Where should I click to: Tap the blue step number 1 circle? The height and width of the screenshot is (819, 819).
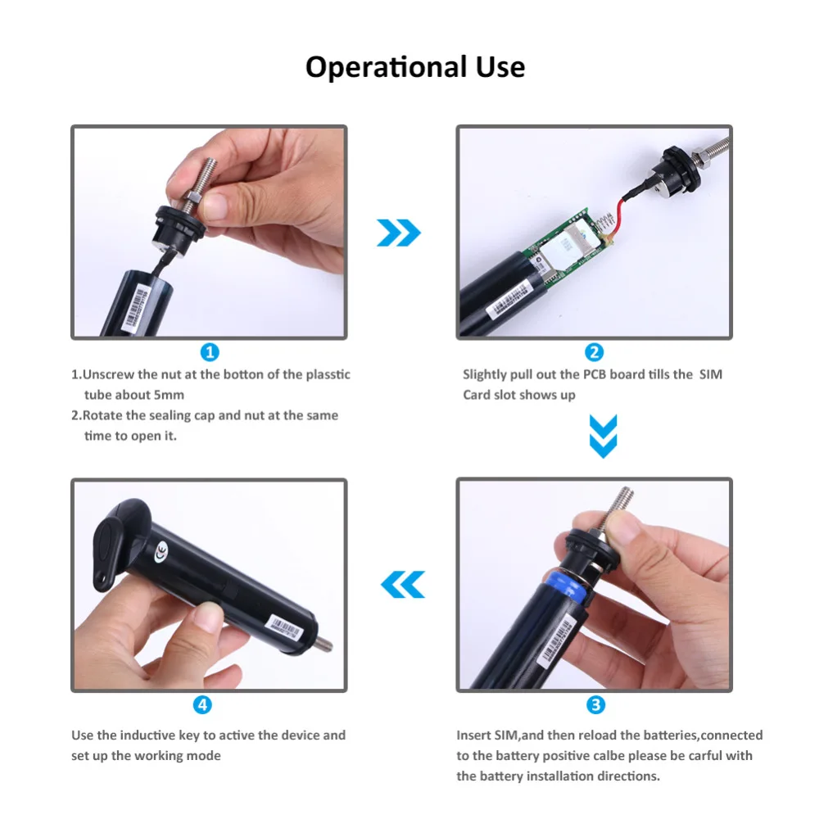tap(210, 352)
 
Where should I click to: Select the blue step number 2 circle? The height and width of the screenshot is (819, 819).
tap(594, 352)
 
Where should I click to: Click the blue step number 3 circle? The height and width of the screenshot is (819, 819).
tap(595, 705)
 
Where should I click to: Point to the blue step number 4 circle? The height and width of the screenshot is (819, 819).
tap(202, 705)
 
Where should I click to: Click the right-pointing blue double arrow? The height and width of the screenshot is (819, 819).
tap(399, 233)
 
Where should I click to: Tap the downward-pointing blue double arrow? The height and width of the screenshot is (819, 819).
tap(604, 437)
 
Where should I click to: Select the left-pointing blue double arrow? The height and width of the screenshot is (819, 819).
tap(403, 585)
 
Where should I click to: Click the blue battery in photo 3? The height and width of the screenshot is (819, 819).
tap(568, 587)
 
